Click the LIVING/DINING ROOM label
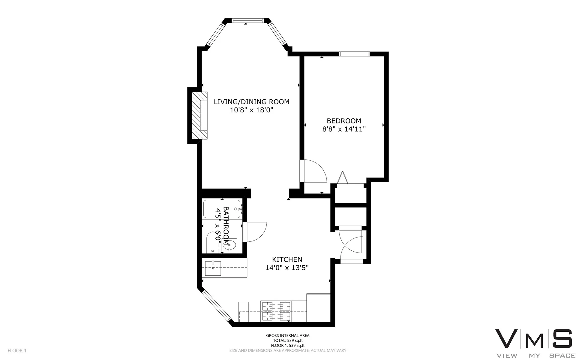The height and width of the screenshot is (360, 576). point(251,102)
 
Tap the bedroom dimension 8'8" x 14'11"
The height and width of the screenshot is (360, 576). point(344,129)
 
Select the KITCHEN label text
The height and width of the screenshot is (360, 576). point(287,259)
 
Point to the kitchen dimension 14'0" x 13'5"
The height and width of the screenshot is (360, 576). point(287,268)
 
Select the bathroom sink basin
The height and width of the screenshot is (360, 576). point(229,246)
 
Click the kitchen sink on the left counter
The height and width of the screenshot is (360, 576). point(213,268)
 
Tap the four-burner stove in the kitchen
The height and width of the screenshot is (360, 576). point(276,311)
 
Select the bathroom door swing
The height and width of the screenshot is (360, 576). point(256,231)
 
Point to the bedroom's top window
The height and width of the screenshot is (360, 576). point(354,54)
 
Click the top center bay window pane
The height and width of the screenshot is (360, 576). point(248,20)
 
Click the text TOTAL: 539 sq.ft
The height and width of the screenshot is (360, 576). point(288,340)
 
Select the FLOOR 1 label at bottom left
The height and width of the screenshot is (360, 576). point(17,350)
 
